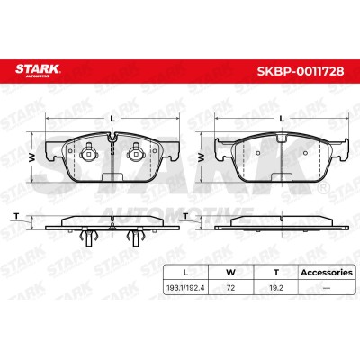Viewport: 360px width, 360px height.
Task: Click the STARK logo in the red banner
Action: click(38, 70)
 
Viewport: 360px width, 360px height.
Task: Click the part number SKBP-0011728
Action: click(301, 71)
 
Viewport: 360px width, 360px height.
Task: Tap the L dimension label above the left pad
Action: click(112, 119)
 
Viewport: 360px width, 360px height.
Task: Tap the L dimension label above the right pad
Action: click(282, 119)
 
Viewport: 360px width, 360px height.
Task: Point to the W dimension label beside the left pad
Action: click(31, 157)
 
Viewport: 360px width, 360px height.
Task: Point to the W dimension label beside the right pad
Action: click(202, 157)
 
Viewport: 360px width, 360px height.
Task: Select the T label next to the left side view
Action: click(16, 216)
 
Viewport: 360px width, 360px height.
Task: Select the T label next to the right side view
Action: click(185, 216)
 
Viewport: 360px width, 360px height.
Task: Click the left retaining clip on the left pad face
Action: click(87, 153)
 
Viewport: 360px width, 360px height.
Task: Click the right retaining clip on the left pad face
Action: click(136, 153)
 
